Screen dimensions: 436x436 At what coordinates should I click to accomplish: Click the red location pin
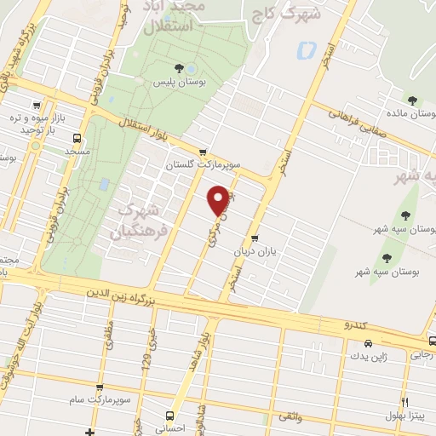[x=219, y=198]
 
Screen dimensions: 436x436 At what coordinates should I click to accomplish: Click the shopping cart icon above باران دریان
[x=255, y=239]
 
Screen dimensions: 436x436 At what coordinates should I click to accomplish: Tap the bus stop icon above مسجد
[x=78, y=138]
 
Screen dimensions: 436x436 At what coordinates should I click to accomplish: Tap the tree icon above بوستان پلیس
[x=177, y=69]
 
